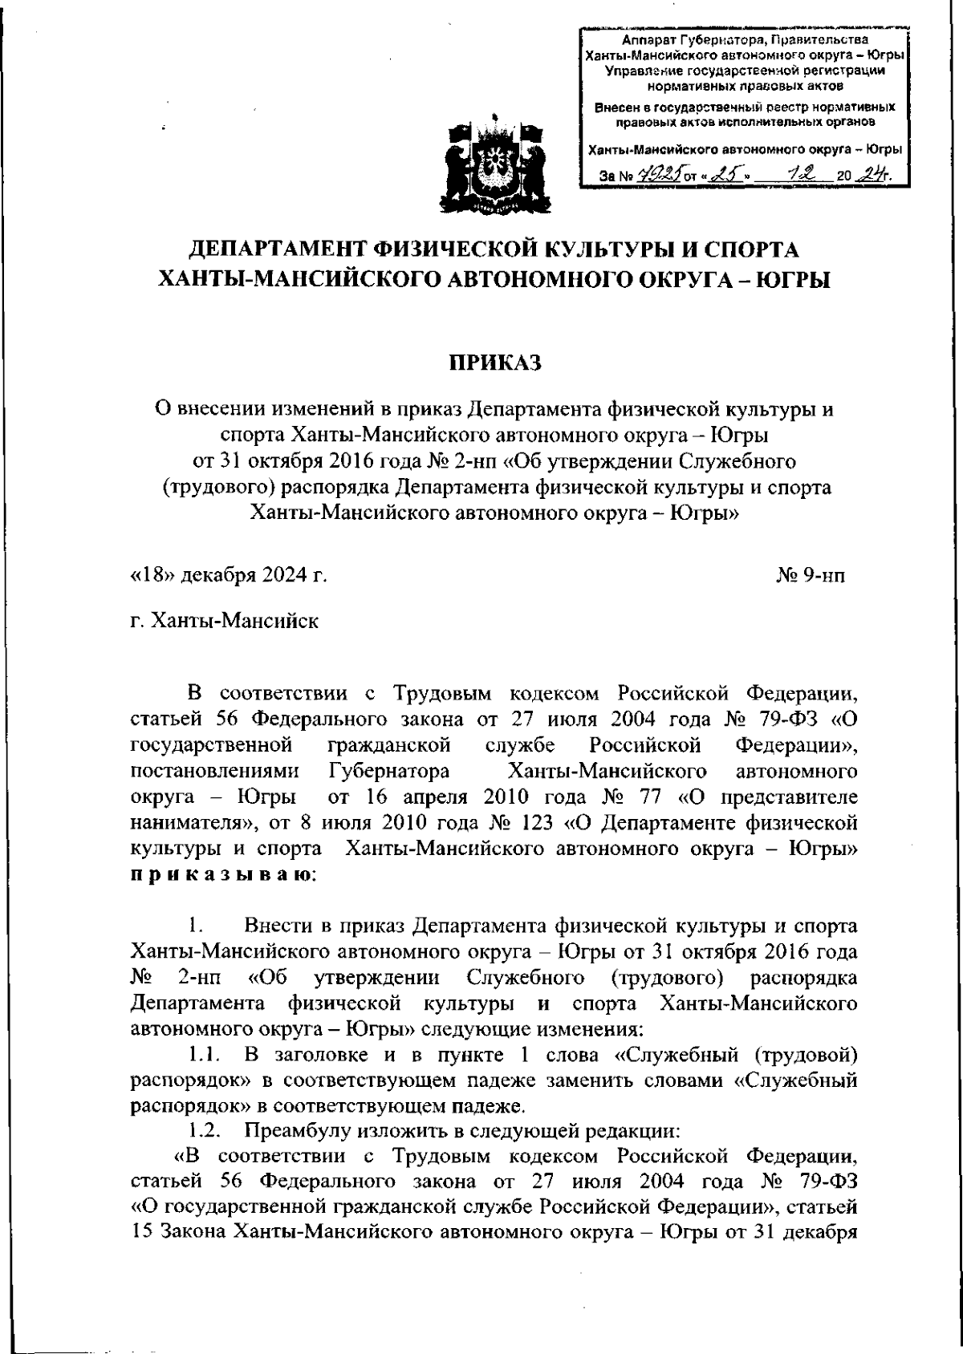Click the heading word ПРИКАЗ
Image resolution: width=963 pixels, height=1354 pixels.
tap(494, 364)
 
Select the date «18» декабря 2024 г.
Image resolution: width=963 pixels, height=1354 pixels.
tap(229, 576)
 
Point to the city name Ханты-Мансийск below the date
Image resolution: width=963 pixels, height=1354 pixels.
tap(224, 621)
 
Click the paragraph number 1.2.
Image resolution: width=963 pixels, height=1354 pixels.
tap(206, 1131)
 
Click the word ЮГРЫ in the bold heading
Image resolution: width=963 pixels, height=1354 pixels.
tap(789, 279)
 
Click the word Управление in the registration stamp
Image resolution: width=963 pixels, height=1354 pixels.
tap(636, 70)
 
